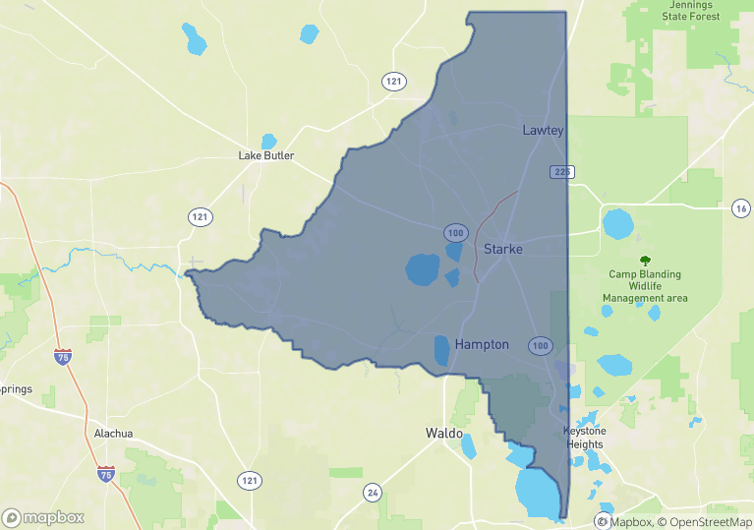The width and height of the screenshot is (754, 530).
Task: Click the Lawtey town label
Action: tap(543, 130)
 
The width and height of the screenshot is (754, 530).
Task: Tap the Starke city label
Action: tap(502, 249)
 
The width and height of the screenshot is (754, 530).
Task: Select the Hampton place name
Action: tap(482, 344)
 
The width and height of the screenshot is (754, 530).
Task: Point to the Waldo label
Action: tap(444, 433)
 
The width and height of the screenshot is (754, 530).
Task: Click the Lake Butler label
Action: tap(266, 155)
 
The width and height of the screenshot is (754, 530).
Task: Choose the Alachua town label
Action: tap(113, 433)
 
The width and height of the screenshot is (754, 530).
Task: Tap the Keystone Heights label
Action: tap(584, 438)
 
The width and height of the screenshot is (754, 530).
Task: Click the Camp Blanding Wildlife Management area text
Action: tap(645, 286)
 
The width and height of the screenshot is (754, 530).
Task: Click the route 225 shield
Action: tap(561, 172)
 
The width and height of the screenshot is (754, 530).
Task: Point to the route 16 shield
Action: tap(741, 207)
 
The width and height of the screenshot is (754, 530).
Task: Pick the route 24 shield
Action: tap(372, 492)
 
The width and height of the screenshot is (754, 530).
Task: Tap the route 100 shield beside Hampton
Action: tap(540, 345)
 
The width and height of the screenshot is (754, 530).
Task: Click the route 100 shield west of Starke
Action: tap(454, 233)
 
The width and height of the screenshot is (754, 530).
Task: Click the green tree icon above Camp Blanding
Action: tap(645, 261)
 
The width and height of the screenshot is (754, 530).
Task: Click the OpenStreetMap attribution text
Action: tap(706, 522)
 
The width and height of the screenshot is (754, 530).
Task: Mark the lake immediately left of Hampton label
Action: tap(441, 350)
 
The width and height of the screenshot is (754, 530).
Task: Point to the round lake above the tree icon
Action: tap(619, 224)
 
